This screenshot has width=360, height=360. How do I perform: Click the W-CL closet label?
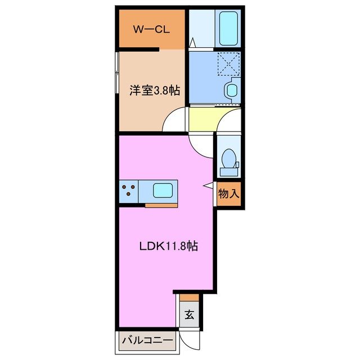point(151,30)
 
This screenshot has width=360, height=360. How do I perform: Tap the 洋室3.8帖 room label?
point(155,90)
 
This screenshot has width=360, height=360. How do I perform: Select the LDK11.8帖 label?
point(168,246)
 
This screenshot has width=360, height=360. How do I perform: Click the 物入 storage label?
point(228,195)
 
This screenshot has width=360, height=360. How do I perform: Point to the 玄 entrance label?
point(189,315)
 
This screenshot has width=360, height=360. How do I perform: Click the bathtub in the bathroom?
point(229,28)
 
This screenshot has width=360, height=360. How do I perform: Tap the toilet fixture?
point(229,157)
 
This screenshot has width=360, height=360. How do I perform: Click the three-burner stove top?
point(128,191)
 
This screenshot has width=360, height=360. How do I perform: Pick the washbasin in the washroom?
point(231,89)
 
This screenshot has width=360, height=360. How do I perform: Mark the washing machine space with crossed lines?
point(229,64)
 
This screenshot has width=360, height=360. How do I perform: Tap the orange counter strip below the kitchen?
point(161,204)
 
